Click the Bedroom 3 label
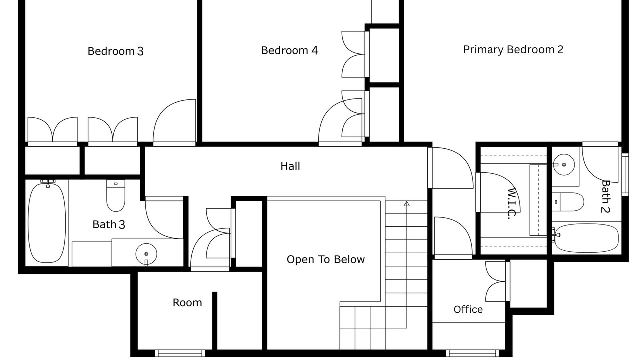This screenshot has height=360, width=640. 115,51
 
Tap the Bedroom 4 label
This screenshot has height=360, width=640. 289,50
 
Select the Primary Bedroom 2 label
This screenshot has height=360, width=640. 513,50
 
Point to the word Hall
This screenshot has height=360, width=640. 290,166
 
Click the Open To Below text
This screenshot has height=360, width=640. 326,259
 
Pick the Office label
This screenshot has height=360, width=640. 468,309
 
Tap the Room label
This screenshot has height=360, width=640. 187,302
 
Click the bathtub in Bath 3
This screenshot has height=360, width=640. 47,223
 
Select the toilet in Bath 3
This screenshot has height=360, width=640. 116,195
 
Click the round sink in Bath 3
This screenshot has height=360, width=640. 146,254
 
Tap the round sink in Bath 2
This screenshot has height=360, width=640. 563,165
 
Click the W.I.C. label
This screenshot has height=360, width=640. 512,204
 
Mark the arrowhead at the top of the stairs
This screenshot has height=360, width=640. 407,203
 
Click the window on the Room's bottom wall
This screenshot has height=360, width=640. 180,353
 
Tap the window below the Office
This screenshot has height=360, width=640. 472,353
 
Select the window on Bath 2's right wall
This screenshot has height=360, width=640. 625,175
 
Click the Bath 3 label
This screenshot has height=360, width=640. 109,224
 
